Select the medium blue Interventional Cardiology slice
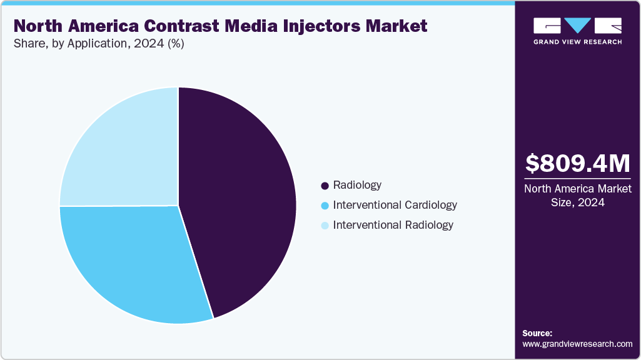pos(131,262)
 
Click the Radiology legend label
pos(357,185)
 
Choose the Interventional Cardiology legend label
pos(395,205)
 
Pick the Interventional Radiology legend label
pos(393,225)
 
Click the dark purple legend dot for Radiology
pos(325,186)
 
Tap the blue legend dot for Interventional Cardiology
pos(325,206)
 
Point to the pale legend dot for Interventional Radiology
pos(325,226)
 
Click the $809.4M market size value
pos(577,164)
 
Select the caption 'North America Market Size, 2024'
pos(577,196)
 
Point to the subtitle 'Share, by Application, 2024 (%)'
pos(99,44)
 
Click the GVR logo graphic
pos(577,26)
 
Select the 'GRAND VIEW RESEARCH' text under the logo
pos(577,42)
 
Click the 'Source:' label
pos(537,333)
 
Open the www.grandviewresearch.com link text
pos(577,344)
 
